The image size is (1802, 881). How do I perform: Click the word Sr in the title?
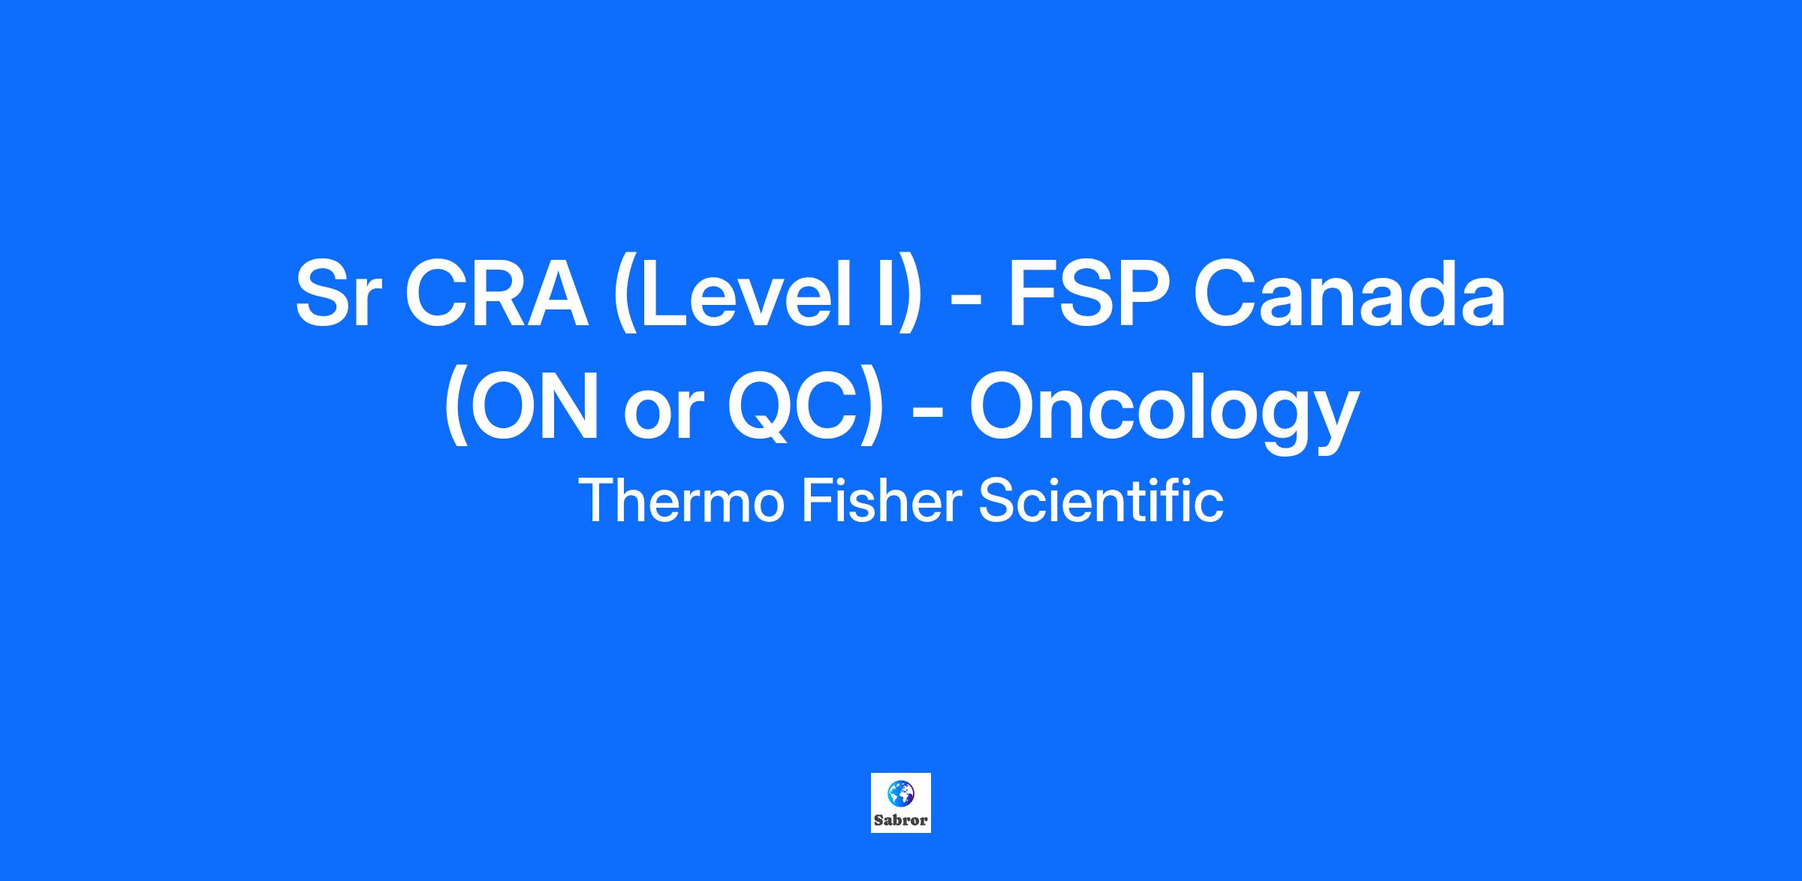point(333,294)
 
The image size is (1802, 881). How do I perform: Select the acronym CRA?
point(496,294)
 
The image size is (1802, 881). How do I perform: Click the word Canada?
point(1350,294)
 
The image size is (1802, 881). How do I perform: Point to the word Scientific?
point(1101,501)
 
